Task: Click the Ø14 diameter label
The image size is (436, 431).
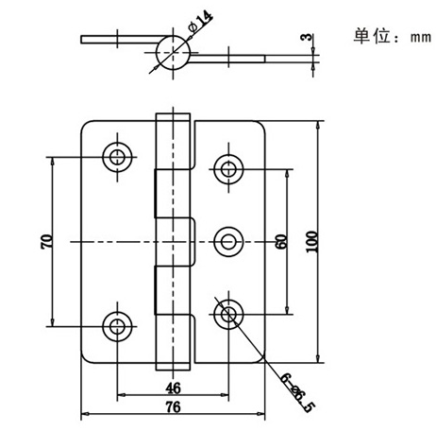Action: point(200,22)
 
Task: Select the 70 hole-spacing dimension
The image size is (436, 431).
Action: point(46,242)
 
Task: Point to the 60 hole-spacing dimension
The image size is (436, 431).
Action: point(281,242)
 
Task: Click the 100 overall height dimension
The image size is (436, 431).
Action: point(311,242)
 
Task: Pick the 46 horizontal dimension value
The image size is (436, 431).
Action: point(174,388)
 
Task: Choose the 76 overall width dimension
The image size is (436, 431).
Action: point(174,407)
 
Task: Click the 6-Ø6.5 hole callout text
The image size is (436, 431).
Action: point(297,392)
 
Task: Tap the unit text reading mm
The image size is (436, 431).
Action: point(421,38)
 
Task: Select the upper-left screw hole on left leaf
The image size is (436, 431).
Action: point(117,157)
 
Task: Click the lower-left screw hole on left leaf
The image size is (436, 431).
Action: point(117,326)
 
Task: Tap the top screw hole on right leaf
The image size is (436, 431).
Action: point(228,169)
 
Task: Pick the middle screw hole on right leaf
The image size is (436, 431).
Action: point(228,242)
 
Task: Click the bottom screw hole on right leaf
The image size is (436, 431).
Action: point(228,315)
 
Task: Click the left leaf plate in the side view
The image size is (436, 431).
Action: point(120,40)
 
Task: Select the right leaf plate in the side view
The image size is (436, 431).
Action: point(227,59)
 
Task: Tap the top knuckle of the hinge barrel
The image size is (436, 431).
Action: point(173,141)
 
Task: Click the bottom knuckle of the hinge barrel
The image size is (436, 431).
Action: point(173,342)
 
